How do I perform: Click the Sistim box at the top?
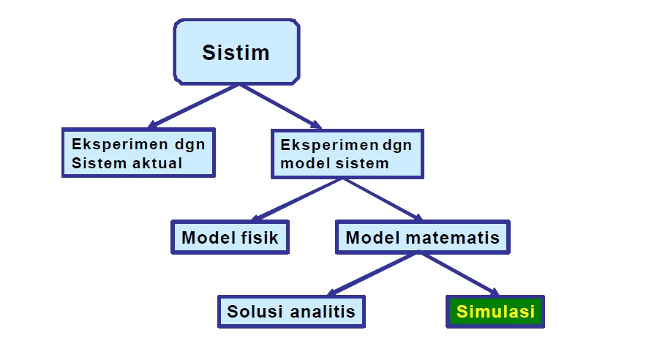pos(236,53)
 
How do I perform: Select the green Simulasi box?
pos(495,311)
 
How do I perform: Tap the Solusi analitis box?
pos(291,311)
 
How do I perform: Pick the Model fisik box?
pos(230,237)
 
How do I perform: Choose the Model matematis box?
pos(422,237)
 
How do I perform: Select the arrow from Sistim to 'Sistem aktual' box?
pos(193,105)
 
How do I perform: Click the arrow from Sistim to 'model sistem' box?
pos(282,105)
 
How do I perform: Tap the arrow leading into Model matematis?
pos(384,199)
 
